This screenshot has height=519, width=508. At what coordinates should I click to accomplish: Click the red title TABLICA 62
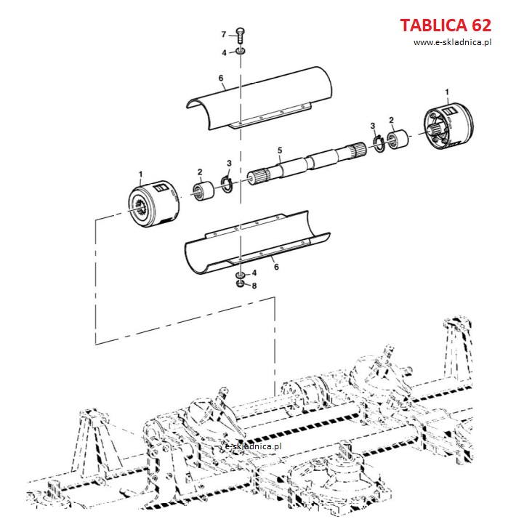tap(445, 25)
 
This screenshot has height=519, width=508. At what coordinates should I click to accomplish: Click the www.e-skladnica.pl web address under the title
tap(452, 42)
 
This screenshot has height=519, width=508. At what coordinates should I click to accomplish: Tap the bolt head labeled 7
tap(241, 32)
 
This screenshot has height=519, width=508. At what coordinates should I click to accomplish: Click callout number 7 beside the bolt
tap(224, 34)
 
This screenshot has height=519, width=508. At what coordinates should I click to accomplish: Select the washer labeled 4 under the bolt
tap(241, 51)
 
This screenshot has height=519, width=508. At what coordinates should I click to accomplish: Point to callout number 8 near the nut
tap(254, 286)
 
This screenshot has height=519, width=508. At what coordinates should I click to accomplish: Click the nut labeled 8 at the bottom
tap(241, 283)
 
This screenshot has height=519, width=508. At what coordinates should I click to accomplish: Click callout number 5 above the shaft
tap(280, 150)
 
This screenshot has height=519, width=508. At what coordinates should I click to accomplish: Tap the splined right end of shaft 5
tap(358, 150)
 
